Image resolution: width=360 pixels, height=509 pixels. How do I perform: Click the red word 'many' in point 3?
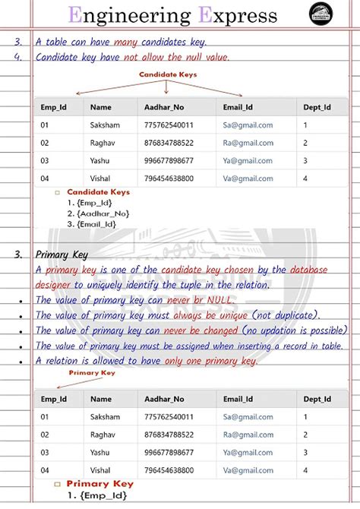[115, 41]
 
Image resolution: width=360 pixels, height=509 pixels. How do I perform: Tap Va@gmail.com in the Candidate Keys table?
[248, 178]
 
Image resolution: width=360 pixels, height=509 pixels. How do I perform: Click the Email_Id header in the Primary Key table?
[238, 399]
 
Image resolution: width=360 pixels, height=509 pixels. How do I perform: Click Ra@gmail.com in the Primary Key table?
[248, 435]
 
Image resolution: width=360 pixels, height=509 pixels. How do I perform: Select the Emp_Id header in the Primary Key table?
[54, 399]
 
